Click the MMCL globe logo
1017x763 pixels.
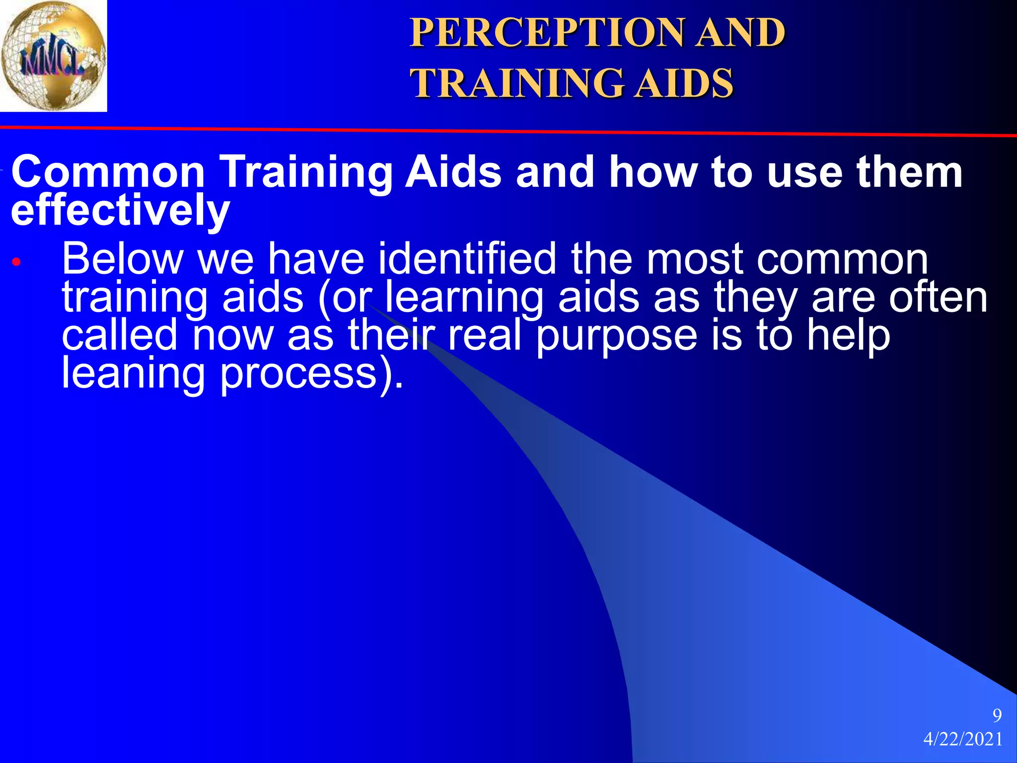53,56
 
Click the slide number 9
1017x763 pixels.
997,715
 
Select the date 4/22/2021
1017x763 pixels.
963,739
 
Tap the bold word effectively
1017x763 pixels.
120,210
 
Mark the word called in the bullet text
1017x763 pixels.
119,335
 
